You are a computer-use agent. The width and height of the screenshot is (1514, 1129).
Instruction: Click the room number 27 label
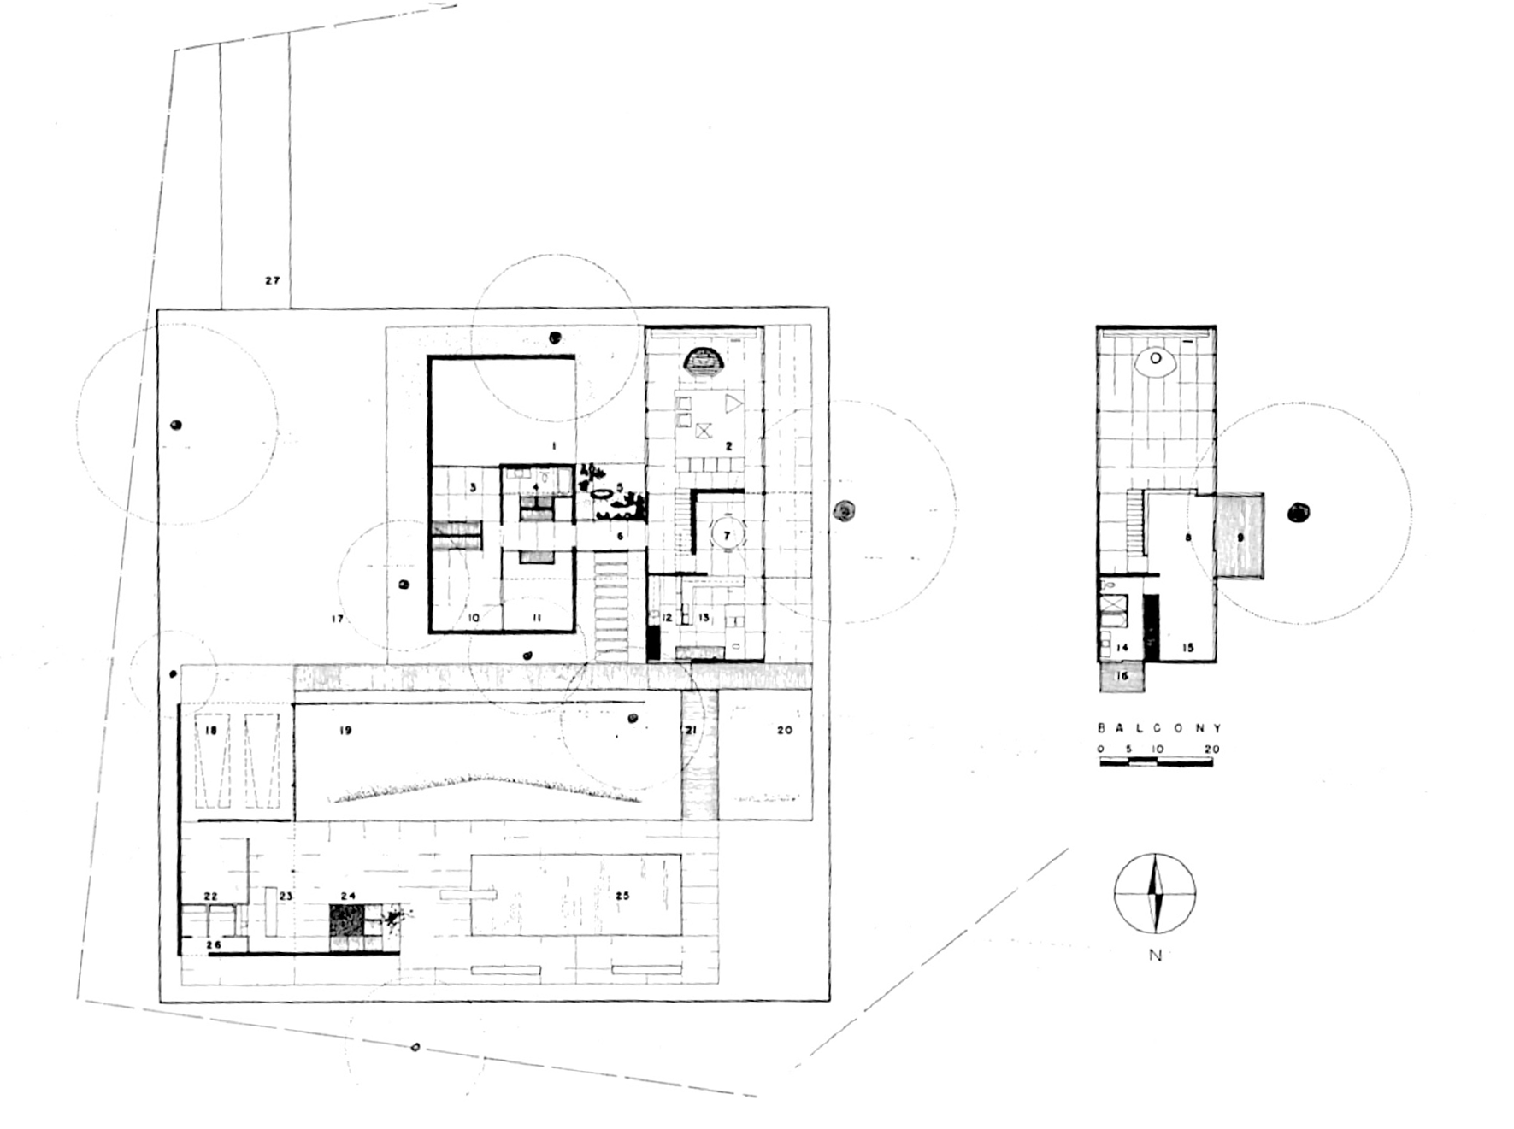(x=272, y=280)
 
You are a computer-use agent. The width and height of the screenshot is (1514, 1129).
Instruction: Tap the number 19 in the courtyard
(x=345, y=731)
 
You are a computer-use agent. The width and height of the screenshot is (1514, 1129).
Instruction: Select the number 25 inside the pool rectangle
(x=622, y=896)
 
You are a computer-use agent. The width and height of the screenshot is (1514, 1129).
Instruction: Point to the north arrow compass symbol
(x=1154, y=893)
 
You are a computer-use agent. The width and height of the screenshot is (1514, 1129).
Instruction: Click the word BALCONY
(x=1159, y=728)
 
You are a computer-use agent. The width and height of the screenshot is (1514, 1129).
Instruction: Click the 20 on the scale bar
(x=1211, y=750)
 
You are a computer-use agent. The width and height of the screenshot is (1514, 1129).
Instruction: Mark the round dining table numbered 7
(x=727, y=536)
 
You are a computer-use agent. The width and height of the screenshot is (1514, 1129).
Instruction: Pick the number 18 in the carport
(x=212, y=731)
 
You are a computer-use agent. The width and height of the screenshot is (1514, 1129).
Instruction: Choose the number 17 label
(x=338, y=619)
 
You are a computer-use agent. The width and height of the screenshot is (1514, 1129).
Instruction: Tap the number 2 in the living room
(x=729, y=446)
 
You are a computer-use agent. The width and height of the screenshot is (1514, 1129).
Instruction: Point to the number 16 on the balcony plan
(x=1122, y=676)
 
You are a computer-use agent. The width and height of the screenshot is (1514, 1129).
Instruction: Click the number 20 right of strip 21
(x=784, y=730)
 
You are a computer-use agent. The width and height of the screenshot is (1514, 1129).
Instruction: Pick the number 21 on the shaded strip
(x=691, y=730)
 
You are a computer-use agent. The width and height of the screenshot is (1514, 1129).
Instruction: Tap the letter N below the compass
(x=1155, y=956)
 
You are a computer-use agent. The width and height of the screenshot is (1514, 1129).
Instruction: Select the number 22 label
(x=210, y=896)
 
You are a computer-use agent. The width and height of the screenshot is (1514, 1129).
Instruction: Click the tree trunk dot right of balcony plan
(x=1299, y=513)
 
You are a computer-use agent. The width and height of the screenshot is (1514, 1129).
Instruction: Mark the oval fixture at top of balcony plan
(x=1156, y=359)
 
